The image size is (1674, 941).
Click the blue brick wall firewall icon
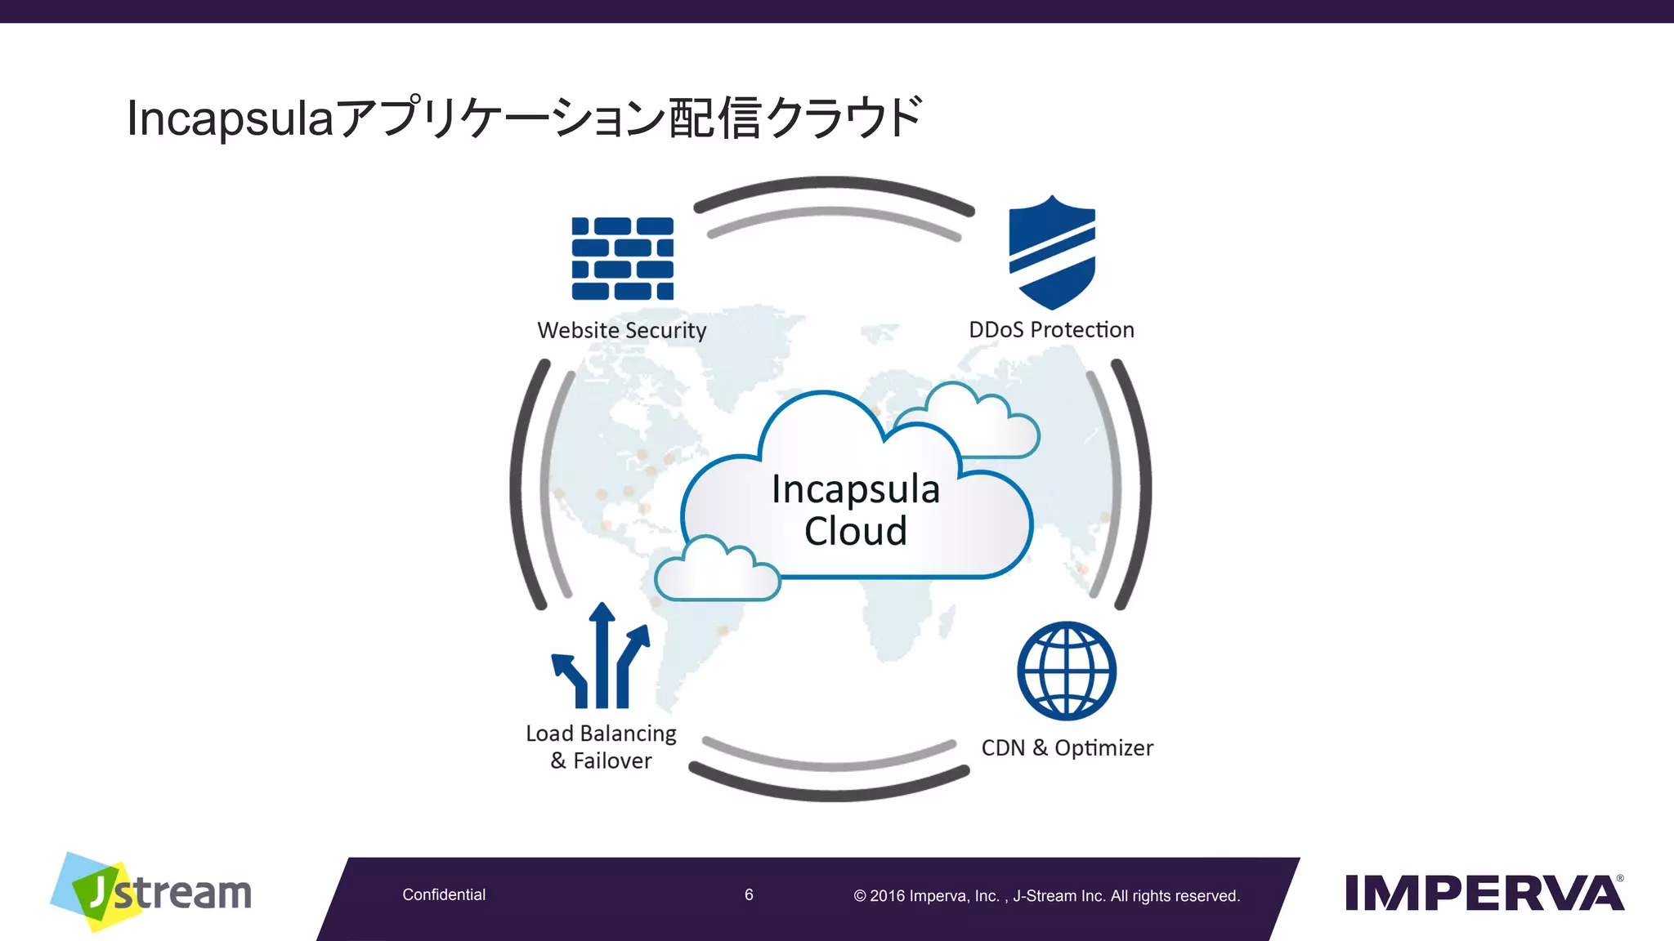point(623,258)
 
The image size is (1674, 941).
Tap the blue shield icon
point(1052,252)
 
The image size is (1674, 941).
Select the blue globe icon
point(1067,671)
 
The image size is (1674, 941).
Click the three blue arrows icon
point(602,658)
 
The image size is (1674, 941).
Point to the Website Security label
point(622,330)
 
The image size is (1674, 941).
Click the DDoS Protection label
point(1051,329)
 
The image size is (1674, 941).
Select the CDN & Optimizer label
point(1067,747)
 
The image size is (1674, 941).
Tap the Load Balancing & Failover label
point(602,747)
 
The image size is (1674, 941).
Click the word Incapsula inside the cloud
point(856,489)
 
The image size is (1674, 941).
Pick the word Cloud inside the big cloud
point(856,531)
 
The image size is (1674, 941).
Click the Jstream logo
point(152,892)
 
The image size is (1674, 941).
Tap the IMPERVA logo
point(1484,892)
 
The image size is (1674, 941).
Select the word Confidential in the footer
point(444,894)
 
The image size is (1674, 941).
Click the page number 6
point(749,894)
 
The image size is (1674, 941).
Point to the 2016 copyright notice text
point(1046,896)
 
